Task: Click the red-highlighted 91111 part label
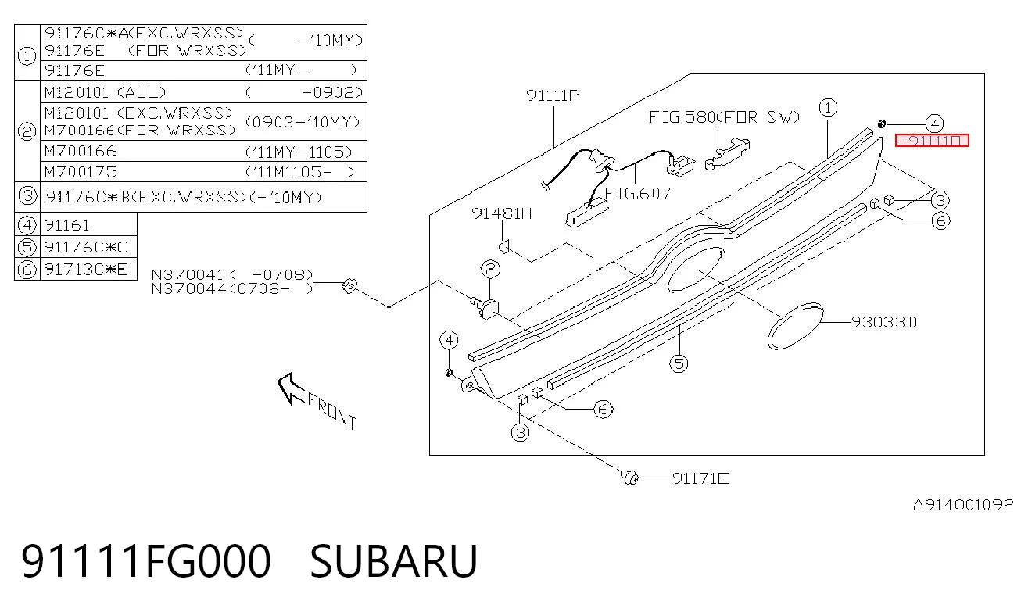(x=932, y=141)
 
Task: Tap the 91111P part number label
(x=553, y=95)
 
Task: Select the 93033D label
(x=884, y=322)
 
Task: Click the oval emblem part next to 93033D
(x=795, y=326)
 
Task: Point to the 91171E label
(x=700, y=478)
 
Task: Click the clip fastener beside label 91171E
(x=629, y=477)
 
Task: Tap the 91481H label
(x=501, y=213)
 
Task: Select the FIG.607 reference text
(x=638, y=194)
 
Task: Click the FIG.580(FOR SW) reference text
(x=724, y=117)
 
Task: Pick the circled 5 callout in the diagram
(x=679, y=363)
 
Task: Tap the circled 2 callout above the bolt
(x=490, y=269)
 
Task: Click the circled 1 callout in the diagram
(x=828, y=108)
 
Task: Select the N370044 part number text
(x=188, y=289)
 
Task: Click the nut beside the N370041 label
(x=349, y=286)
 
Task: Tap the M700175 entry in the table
(x=81, y=172)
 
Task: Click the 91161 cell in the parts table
(x=66, y=225)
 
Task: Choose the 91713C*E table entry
(x=86, y=270)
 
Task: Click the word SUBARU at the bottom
(x=394, y=561)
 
